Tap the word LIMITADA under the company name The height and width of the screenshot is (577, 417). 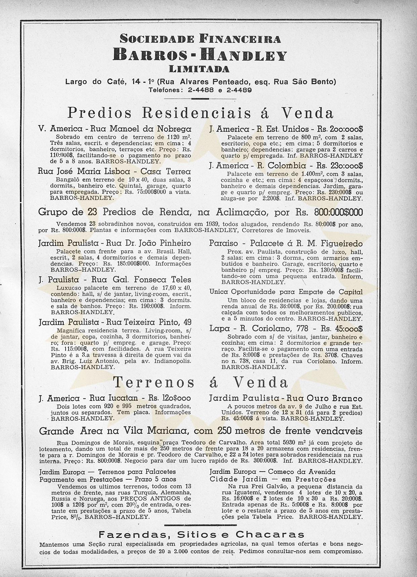point(200,69)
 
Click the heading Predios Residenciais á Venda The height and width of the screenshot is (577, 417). point(200,113)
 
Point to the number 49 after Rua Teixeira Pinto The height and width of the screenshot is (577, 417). point(186,322)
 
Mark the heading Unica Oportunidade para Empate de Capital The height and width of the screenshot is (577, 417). point(286,292)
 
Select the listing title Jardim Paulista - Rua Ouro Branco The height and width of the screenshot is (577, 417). point(286,398)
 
